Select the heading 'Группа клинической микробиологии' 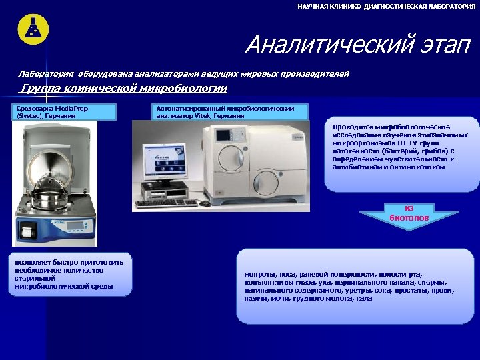tap(123, 89)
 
